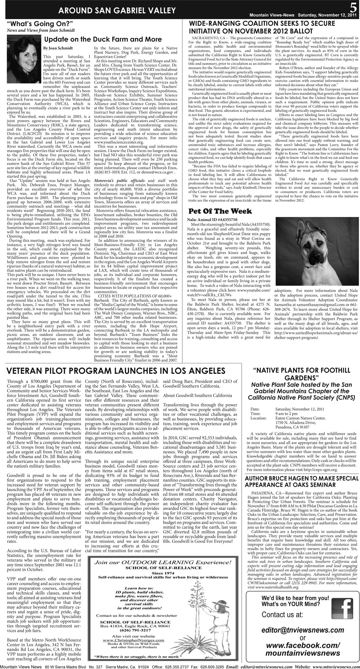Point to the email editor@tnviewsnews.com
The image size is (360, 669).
(x=302, y=630)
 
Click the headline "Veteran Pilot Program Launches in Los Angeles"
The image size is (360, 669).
(x=116, y=371)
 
